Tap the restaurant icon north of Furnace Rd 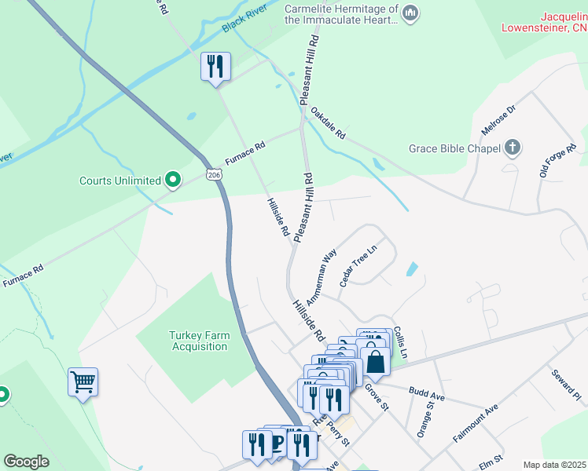pos(215,66)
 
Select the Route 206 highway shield pos(215,175)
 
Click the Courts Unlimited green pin pos(174,180)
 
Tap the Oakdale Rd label pos(328,123)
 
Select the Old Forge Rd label pos(558,159)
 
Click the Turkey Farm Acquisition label pos(200,341)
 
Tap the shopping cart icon pos(83,382)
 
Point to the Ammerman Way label pos(322,276)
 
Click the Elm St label pos(490,456)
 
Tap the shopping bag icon pos(376,362)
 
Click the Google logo pos(26,462)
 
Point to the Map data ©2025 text pos(553,465)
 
